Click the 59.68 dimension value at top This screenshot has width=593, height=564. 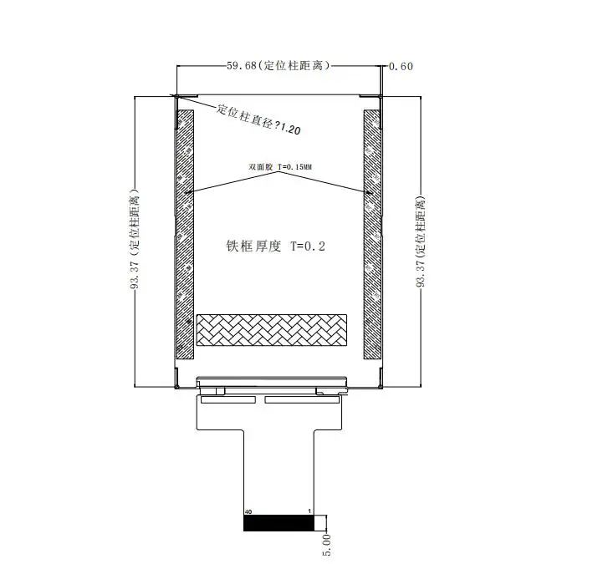click(x=242, y=66)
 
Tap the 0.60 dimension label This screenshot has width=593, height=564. click(x=401, y=67)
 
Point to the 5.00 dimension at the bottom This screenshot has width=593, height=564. click(x=326, y=545)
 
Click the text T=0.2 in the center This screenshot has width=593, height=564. click(x=308, y=246)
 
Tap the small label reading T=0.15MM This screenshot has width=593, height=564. click(x=295, y=166)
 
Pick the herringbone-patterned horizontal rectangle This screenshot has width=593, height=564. click(x=272, y=330)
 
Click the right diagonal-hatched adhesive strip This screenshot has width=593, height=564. click(x=372, y=234)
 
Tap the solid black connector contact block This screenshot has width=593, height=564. click(x=279, y=523)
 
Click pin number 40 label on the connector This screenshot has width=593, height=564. click(x=248, y=512)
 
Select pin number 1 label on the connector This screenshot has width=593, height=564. click(x=309, y=511)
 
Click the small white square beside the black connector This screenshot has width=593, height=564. click(x=320, y=523)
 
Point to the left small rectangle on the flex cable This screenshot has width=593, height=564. click(x=228, y=399)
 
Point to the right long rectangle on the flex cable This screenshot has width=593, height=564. click(x=302, y=399)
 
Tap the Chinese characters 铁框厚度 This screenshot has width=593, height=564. click(x=254, y=246)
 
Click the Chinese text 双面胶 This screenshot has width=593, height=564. click(x=261, y=166)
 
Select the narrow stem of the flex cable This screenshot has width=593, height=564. click(x=279, y=472)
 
